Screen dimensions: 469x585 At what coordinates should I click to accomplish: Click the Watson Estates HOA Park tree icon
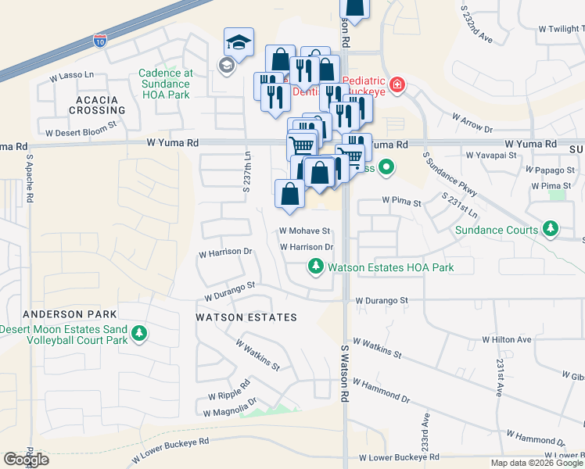click(x=316, y=267)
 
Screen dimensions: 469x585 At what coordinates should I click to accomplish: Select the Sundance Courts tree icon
click(x=551, y=229)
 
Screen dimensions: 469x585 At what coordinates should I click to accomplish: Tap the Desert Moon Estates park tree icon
click(x=139, y=334)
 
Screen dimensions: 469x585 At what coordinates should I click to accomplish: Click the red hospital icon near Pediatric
click(x=397, y=84)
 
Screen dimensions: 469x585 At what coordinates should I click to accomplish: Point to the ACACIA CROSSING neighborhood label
click(x=97, y=106)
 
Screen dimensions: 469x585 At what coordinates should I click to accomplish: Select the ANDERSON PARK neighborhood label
click(x=59, y=314)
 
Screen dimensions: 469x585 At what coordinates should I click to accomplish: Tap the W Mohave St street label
click(x=305, y=231)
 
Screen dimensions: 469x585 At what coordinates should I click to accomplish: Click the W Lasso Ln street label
click(x=71, y=77)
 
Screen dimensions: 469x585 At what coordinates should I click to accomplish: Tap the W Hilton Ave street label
click(x=507, y=339)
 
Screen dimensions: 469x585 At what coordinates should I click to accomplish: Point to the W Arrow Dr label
click(x=472, y=123)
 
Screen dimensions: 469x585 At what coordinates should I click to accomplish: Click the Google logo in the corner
click(x=26, y=460)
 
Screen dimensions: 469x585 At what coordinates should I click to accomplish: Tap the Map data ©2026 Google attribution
click(x=537, y=463)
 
